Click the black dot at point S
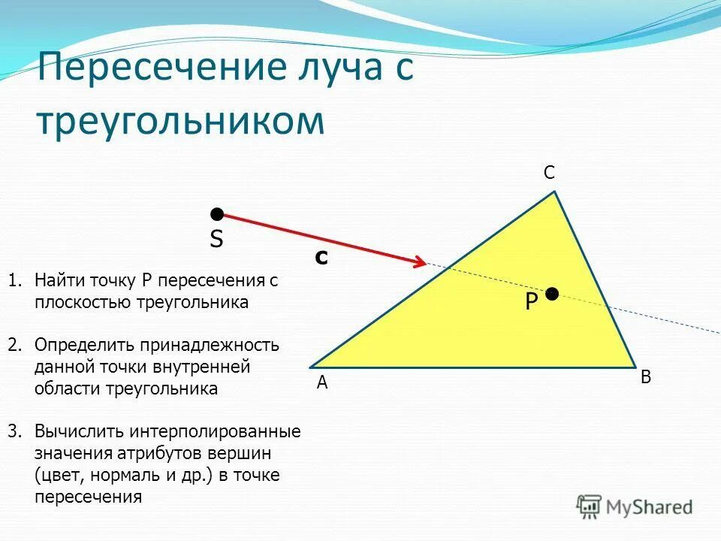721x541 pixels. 217,215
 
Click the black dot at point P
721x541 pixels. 552,294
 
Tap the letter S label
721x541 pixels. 216,240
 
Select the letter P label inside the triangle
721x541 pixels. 531,303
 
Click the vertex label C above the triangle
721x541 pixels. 549,173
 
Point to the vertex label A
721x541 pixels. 322,382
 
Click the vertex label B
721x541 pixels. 646,378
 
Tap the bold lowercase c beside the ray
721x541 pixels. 321,258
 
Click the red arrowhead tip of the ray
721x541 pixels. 425,264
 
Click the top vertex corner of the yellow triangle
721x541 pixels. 555,192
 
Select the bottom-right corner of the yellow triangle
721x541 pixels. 635,367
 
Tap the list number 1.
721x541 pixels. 14,281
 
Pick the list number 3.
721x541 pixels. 15,431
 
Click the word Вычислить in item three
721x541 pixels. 80,431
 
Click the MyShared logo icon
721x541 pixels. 590,506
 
